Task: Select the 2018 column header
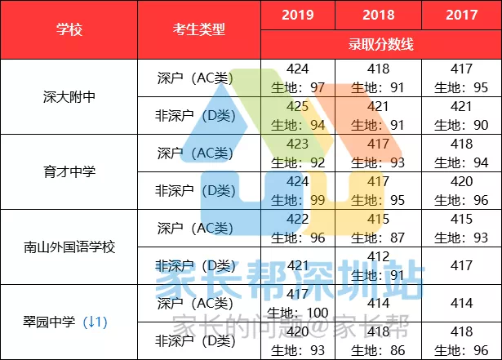click(379, 15)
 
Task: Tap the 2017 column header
click(461, 15)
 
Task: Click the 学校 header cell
click(69, 29)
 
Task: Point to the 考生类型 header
click(199, 29)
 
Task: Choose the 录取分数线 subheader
click(380, 44)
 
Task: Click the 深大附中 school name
click(69, 96)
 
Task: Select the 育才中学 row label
click(69, 171)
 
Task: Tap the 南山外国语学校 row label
click(69, 246)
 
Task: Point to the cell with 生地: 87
click(379, 228)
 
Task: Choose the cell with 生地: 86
click(379, 340)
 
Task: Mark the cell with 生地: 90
click(461, 115)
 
